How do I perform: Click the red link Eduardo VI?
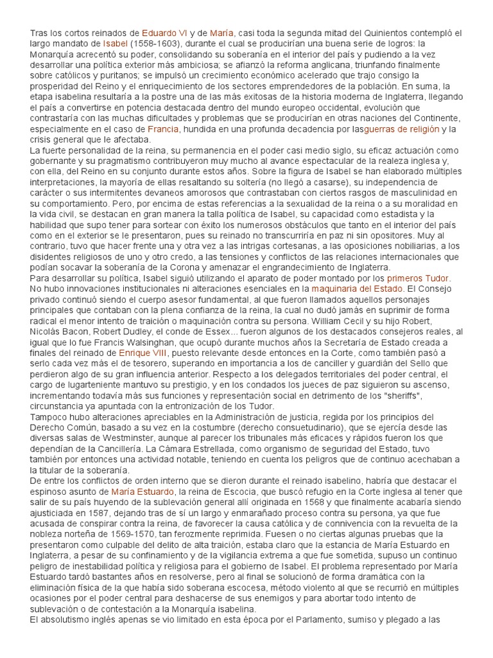[164, 32]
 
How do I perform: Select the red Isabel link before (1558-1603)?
[115, 43]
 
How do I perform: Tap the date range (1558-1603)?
[157, 43]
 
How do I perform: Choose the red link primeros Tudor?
[419, 278]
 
